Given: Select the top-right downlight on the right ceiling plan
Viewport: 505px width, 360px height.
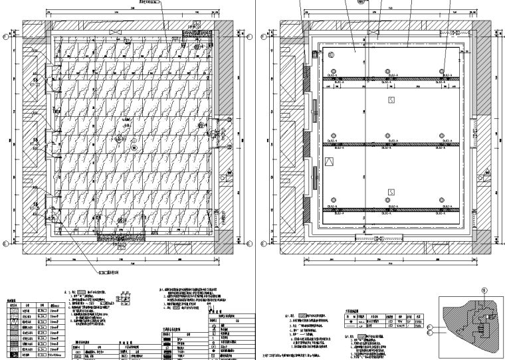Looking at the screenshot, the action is pos(442,72).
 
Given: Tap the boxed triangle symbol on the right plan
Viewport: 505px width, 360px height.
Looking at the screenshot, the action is pos(328,161).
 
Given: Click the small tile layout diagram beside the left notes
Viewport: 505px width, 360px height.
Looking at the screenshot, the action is pos(125,300).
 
